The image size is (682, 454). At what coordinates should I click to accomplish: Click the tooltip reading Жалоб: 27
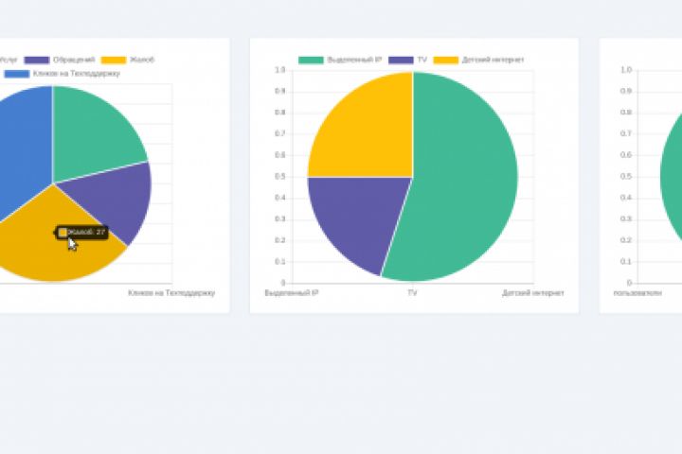(x=81, y=232)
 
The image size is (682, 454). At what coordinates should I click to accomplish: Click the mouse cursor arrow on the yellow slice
(x=72, y=244)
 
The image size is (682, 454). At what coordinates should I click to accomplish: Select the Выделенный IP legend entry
(x=340, y=60)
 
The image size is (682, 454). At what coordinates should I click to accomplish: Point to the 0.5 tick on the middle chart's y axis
(x=279, y=176)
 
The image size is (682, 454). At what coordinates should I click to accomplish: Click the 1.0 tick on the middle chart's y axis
(x=279, y=70)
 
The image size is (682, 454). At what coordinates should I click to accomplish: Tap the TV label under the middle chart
(x=412, y=293)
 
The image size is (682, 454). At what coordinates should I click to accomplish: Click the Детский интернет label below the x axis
(x=533, y=293)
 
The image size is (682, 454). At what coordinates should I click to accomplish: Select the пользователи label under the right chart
(x=637, y=293)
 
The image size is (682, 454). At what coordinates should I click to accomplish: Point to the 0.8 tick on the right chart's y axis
(x=626, y=113)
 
